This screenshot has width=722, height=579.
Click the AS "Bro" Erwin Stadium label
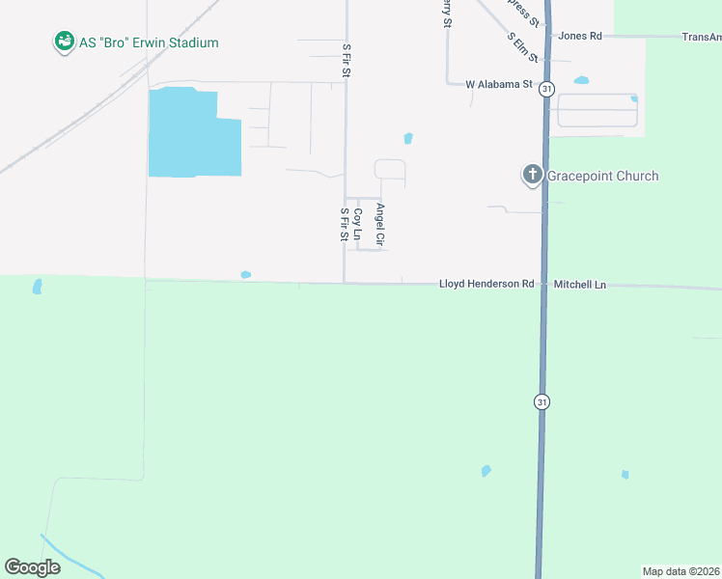[x=149, y=42]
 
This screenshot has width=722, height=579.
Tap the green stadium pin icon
[x=65, y=41]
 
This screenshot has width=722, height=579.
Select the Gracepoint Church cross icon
[x=532, y=175]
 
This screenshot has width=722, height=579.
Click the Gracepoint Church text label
[x=603, y=176]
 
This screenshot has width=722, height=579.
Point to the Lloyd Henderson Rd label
[x=486, y=285]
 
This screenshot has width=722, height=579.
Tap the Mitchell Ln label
[x=580, y=285]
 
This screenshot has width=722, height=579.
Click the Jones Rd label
[x=580, y=36]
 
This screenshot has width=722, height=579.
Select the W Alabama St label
[x=499, y=85]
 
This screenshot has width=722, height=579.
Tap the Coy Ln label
[x=357, y=224]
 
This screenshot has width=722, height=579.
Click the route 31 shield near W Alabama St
[x=547, y=89]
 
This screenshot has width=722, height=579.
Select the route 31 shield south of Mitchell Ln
[x=542, y=401]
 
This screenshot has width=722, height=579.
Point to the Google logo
[x=33, y=567]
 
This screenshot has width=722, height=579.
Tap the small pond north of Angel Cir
[x=408, y=138]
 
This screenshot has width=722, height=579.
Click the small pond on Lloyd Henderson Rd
[x=246, y=275]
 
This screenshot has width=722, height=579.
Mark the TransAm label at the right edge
[x=701, y=37]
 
